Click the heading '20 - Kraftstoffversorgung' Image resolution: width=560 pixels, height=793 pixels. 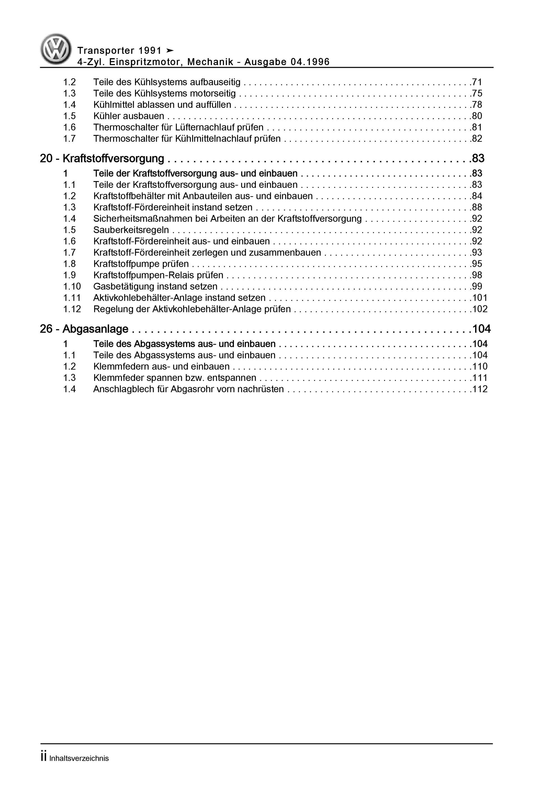(x=102, y=159)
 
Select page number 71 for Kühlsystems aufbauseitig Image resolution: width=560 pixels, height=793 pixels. (x=477, y=82)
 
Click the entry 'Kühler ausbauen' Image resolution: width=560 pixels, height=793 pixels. (x=128, y=116)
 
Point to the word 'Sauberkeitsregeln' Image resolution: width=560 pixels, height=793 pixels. (x=131, y=230)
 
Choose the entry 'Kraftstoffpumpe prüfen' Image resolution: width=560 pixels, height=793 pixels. (x=141, y=264)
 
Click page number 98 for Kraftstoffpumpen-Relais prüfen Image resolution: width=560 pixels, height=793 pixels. (x=477, y=275)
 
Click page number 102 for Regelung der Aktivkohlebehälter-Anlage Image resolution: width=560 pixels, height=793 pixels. (x=480, y=309)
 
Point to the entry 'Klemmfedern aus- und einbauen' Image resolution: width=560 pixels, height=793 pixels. (x=161, y=366)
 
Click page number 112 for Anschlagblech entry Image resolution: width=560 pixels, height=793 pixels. (x=480, y=389)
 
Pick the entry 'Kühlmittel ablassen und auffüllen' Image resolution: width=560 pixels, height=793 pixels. (x=162, y=105)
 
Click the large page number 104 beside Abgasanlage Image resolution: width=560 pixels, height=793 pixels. (x=481, y=329)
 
